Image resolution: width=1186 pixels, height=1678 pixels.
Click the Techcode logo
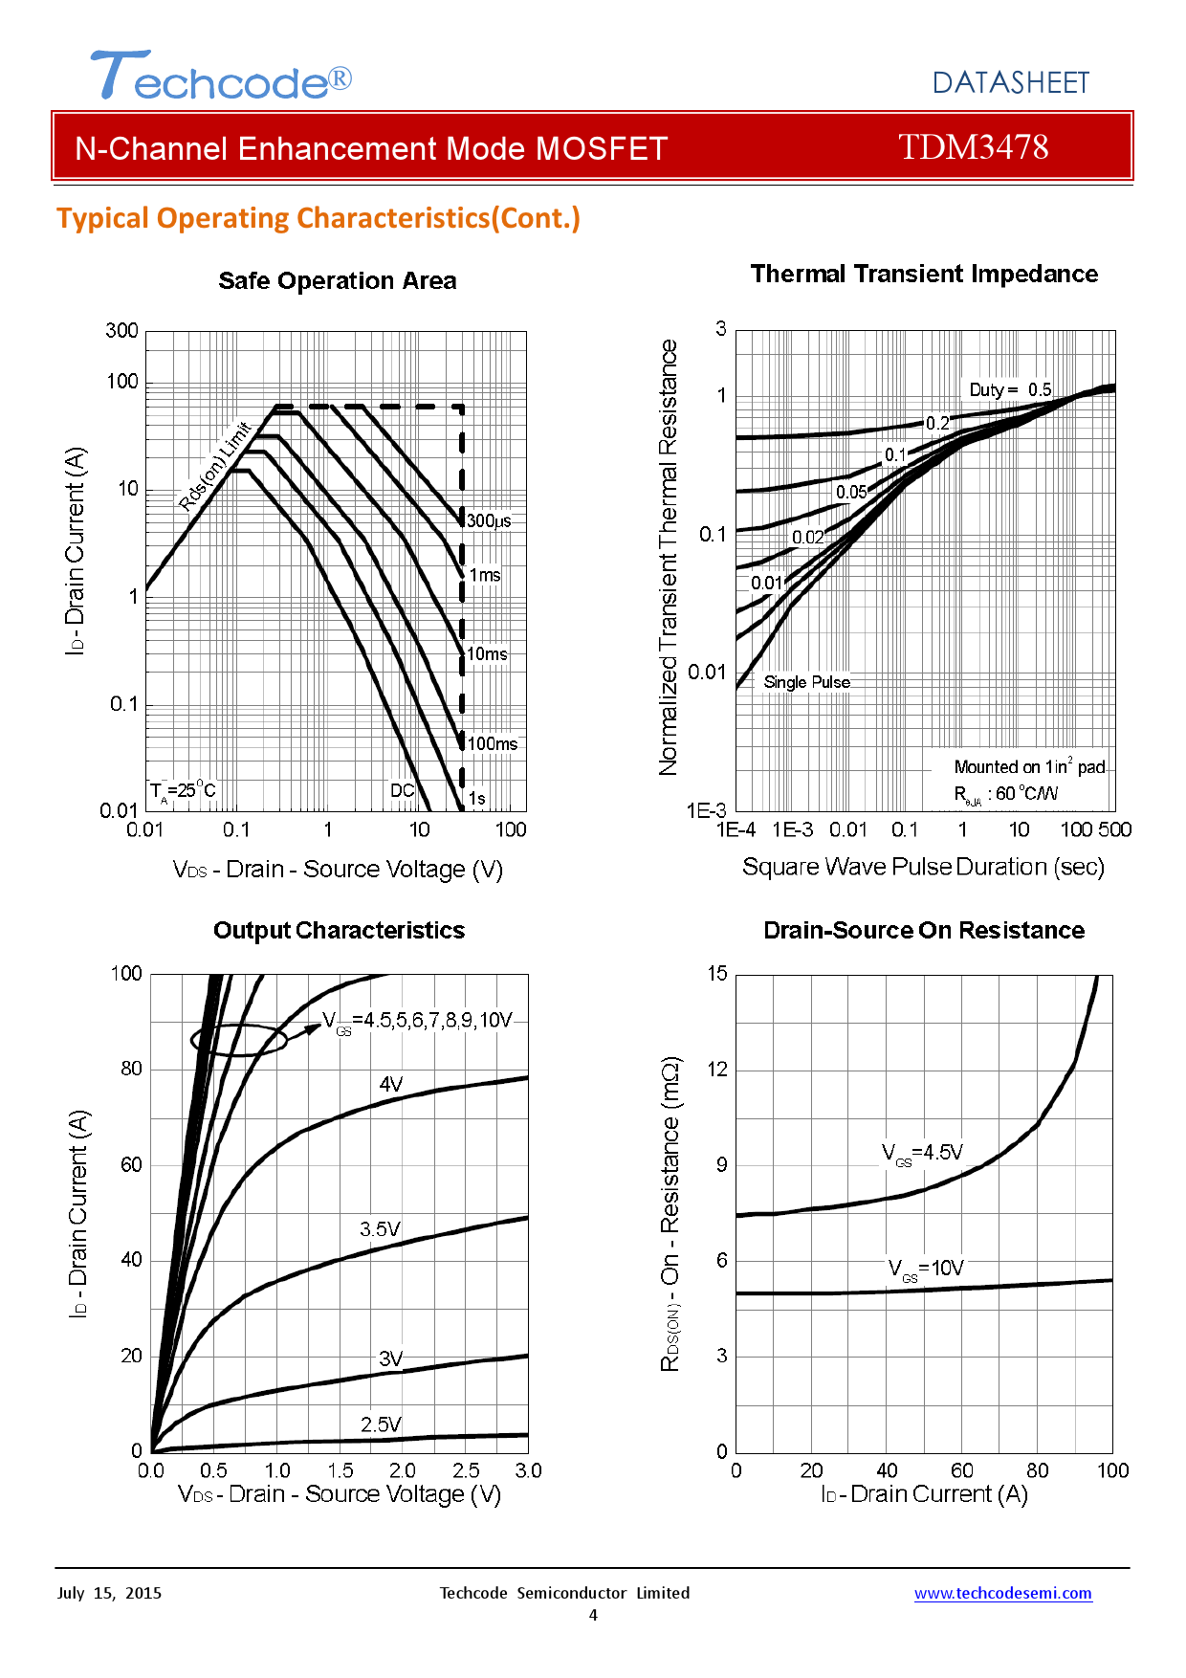coord(221,77)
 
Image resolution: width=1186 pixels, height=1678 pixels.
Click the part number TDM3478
coord(973,147)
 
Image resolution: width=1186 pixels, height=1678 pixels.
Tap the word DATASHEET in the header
coord(1010,83)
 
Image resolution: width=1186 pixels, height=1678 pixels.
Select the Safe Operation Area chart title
coord(337,281)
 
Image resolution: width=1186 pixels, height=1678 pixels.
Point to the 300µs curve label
coord(489,521)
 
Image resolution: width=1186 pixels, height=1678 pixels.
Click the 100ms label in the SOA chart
coord(493,744)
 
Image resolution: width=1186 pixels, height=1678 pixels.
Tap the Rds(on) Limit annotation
coord(215,466)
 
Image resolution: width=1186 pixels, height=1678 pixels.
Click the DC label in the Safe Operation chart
coord(402,790)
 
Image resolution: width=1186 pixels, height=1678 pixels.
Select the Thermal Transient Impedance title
coord(923,275)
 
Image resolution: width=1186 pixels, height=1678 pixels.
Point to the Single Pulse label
coord(806,682)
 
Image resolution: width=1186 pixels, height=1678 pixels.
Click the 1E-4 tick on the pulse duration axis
coord(736,830)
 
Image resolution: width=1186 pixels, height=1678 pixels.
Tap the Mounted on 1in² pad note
coord(1029,767)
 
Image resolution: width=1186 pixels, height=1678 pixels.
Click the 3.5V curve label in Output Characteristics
coord(380,1229)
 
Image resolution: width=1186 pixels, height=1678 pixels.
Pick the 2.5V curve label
coord(381,1424)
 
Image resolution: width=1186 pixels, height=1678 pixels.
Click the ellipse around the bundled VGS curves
coord(239,1040)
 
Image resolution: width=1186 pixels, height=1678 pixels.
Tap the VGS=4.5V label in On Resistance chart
coord(922,1154)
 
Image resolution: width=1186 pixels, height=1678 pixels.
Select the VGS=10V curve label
coord(926,1270)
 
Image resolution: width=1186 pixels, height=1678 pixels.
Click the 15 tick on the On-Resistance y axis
coord(717,974)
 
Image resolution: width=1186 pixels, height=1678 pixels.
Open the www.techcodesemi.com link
coord(1002,1593)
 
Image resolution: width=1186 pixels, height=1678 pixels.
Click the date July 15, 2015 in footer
coord(109,1593)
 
